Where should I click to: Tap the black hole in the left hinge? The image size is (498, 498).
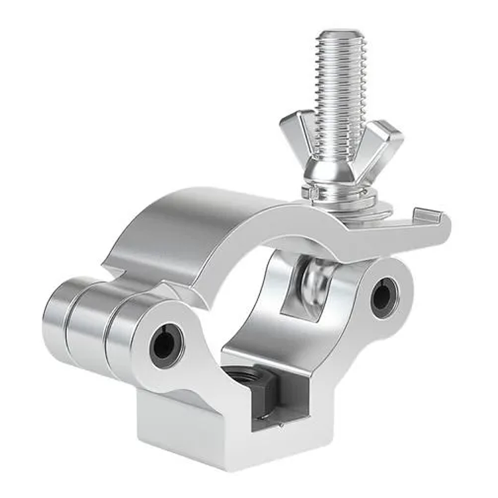pyautogui.click(x=165, y=345)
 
